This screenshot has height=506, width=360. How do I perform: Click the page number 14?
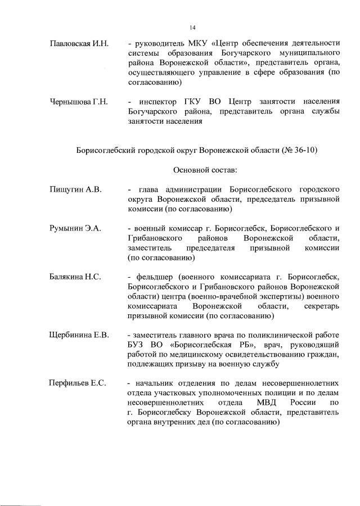pyautogui.click(x=192, y=26)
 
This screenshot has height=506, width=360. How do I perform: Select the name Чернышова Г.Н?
pyautogui.click(x=78, y=101)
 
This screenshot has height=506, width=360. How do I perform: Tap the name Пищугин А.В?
pyautogui.click(x=75, y=189)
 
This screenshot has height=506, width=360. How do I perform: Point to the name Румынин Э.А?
pyautogui.click(x=75, y=228)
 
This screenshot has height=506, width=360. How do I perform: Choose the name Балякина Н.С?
pyautogui.click(x=75, y=277)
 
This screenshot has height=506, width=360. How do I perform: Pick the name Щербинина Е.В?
pyautogui.click(x=79, y=335)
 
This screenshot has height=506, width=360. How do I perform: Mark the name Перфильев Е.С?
pyautogui.click(x=78, y=383)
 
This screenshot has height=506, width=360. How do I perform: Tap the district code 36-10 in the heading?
pyautogui.click(x=304, y=150)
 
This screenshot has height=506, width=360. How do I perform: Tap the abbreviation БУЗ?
pyautogui.click(x=137, y=345)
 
